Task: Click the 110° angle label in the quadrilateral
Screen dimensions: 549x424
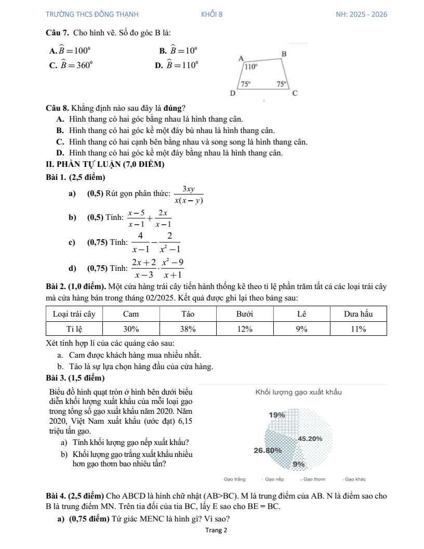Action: click(251, 67)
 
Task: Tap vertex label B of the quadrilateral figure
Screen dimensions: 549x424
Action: click(284, 54)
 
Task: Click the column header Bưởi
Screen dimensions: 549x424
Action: click(244, 314)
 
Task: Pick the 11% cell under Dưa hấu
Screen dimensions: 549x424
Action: click(359, 329)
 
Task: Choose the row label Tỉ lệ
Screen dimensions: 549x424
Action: click(75, 329)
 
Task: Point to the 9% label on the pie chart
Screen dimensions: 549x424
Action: click(298, 464)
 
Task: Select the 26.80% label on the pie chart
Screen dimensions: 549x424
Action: click(268, 450)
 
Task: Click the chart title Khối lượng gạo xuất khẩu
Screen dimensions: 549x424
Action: click(298, 391)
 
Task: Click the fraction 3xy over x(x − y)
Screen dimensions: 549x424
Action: click(189, 194)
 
